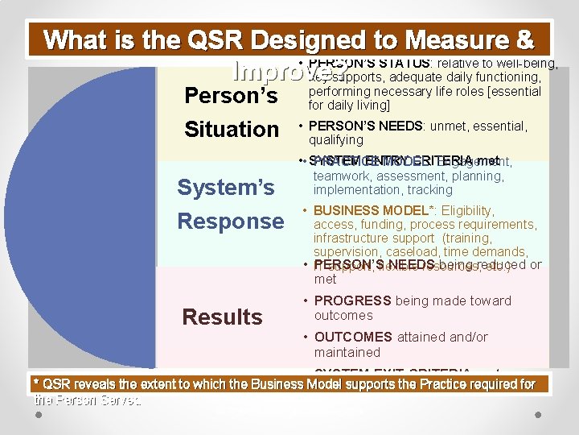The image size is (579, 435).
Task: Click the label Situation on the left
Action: tap(232, 129)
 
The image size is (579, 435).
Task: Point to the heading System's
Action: tap(225, 188)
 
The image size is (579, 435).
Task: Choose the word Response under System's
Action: tap(230, 222)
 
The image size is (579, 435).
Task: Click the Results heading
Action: tap(222, 317)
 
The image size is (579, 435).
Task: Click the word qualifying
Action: tap(335, 140)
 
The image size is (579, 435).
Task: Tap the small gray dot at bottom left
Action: tap(39, 414)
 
